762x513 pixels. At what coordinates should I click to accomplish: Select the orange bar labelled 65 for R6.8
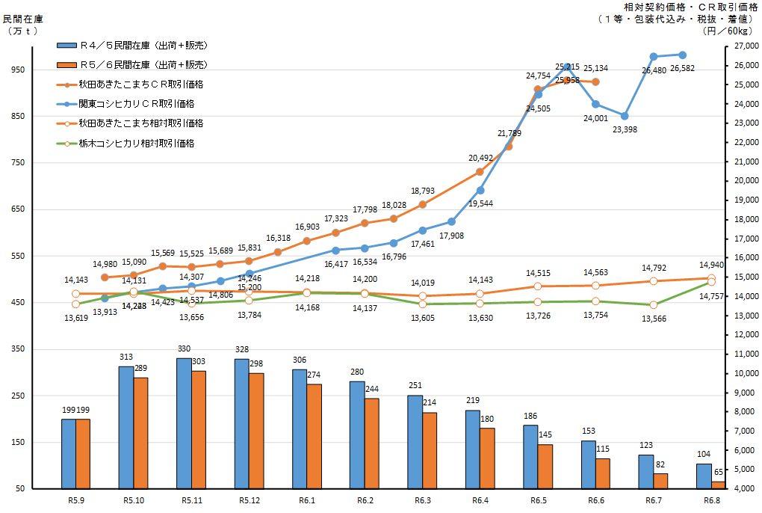point(718,485)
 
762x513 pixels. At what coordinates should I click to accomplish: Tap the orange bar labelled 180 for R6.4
point(487,458)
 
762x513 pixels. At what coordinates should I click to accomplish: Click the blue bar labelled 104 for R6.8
point(704,476)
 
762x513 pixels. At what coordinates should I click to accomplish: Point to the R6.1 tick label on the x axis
point(307,500)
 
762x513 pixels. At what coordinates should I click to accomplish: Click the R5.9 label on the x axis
point(75,500)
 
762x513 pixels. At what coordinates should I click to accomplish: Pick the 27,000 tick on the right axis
point(743,46)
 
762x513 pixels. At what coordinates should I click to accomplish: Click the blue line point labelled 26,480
point(654,57)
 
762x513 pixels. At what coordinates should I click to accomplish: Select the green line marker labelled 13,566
point(653,305)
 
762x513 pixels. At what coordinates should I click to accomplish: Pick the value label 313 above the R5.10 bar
point(126,357)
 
